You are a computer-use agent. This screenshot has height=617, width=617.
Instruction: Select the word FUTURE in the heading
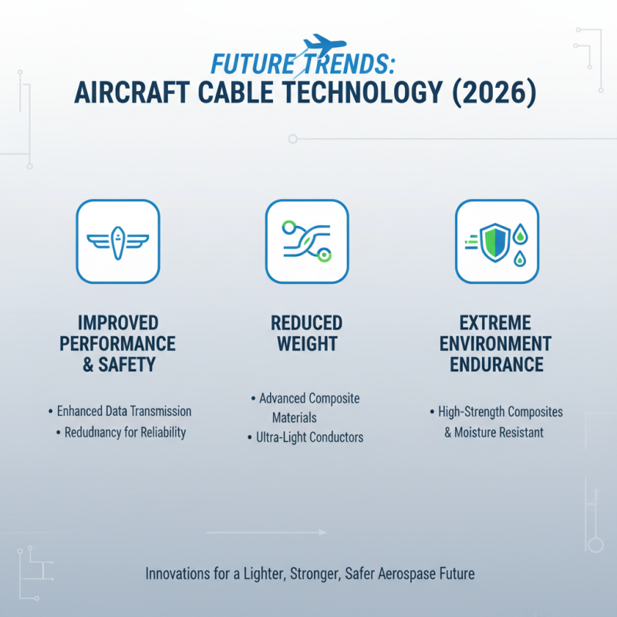click(252, 64)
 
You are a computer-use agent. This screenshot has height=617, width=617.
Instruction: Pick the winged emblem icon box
click(117, 241)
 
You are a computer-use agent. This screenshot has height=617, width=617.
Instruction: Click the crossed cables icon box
click(307, 241)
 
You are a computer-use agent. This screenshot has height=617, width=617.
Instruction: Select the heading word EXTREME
click(496, 322)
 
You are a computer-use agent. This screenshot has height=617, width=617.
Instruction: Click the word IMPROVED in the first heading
click(117, 322)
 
